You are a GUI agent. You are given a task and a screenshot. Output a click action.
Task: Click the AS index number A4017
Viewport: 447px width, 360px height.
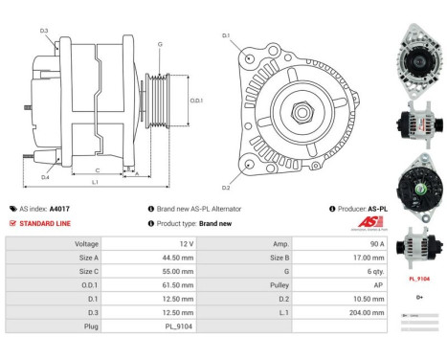60,208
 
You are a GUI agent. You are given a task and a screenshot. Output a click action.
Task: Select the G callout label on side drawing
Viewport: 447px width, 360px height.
159,44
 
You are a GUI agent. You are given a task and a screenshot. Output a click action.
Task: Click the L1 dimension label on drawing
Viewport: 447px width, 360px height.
95,181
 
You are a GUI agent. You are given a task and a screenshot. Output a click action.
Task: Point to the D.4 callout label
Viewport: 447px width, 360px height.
44,175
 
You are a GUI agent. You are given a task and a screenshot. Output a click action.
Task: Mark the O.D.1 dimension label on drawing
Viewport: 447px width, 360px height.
196,100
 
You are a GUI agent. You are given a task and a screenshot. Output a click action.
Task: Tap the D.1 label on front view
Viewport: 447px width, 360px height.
226,35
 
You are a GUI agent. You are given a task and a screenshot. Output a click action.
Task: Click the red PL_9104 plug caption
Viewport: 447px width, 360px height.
419,279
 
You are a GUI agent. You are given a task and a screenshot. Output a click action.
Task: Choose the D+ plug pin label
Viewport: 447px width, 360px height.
419,298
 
